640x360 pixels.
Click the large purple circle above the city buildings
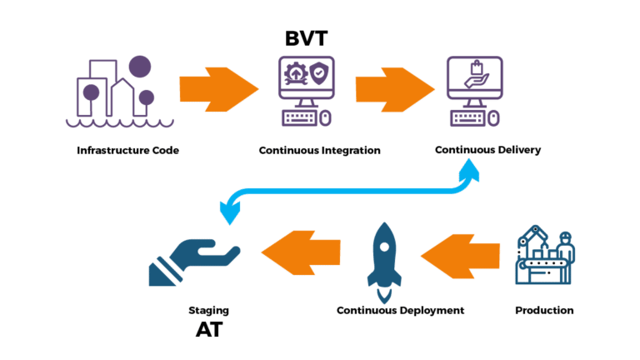click(x=141, y=66)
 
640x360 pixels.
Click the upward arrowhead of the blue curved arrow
click(x=470, y=169)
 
